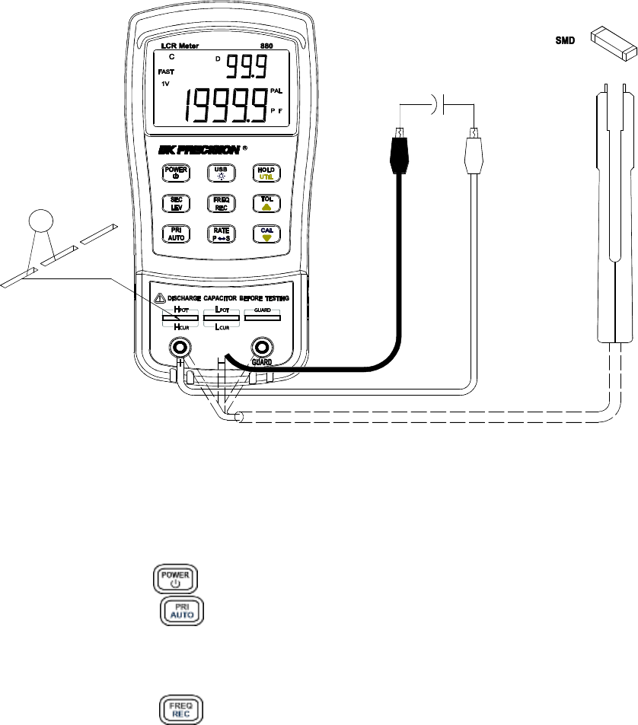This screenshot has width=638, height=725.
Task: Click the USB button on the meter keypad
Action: click(x=220, y=173)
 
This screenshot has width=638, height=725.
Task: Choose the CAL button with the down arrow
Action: click(x=266, y=234)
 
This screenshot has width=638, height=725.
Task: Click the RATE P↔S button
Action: click(x=220, y=234)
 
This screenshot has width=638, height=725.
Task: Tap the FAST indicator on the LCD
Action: click(x=167, y=72)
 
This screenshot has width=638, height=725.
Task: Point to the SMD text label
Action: click(x=563, y=39)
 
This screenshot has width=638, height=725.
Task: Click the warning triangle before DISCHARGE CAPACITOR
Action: click(x=160, y=298)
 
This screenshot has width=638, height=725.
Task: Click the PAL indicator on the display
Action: click(x=276, y=91)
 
